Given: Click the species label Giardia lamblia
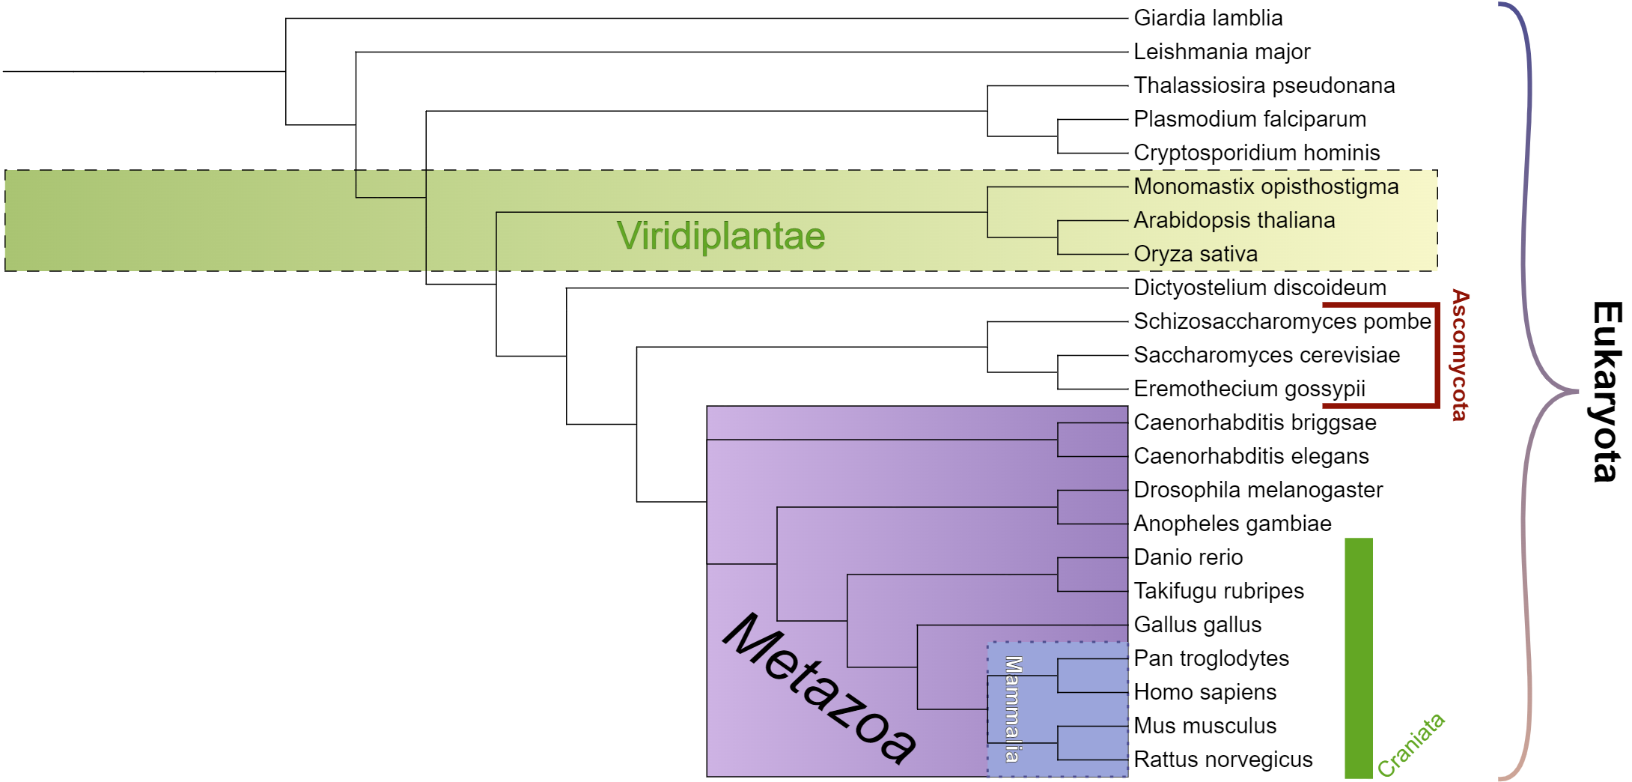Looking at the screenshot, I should click(1208, 18).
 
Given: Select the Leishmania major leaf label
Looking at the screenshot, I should click(1222, 52).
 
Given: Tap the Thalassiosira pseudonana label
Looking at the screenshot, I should click(1264, 85).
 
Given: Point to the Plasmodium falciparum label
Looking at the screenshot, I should click(1249, 119).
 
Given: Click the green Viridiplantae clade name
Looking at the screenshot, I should click(720, 236).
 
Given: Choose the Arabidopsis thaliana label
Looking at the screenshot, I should click(1234, 220).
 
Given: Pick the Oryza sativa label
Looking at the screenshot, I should click(1196, 254).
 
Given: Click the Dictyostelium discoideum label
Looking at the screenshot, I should click(1260, 288).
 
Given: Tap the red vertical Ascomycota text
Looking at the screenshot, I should click(1460, 355).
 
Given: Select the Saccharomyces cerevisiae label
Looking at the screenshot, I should click(1267, 355).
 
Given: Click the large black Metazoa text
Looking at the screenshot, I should click(820, 688).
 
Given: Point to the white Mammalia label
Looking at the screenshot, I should click(1013, 709).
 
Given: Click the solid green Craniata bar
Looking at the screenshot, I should click(1358, 658).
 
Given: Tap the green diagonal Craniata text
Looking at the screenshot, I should click(1410, 745).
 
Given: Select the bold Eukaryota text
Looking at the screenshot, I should click(1606, 391).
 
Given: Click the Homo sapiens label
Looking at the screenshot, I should click(1205, 692).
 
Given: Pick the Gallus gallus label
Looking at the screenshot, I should click(1197, 625).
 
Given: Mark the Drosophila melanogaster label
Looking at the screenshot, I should click(1258, 490).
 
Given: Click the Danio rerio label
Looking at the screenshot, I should click(1188, 557).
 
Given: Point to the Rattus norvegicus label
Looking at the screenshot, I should click(1223, 760).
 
